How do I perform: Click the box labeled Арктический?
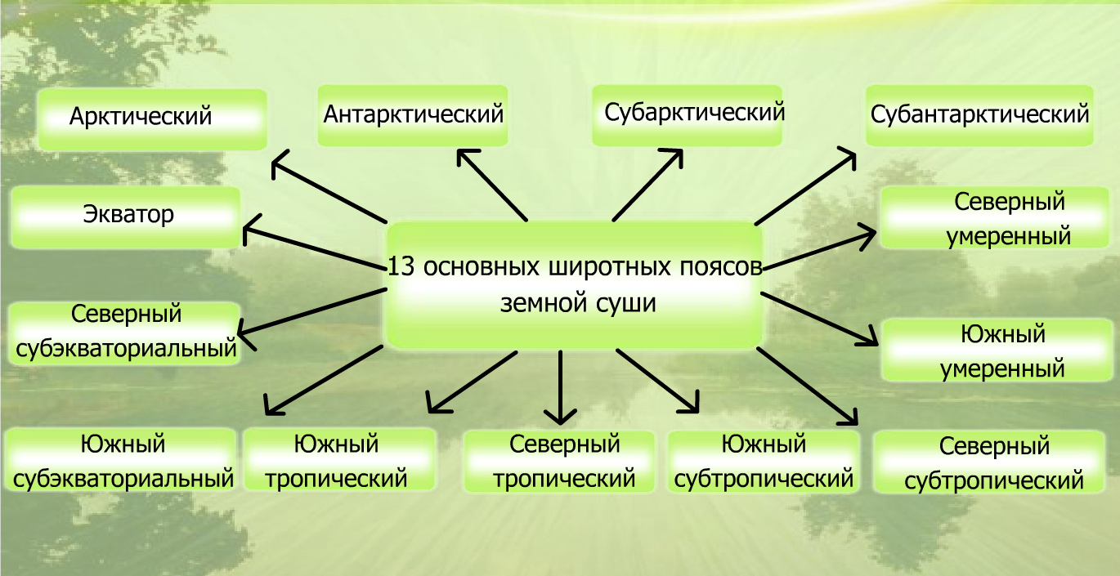(x=153, y=119)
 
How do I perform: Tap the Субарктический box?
(x=687, y=115)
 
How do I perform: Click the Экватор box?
(x=127, y=217)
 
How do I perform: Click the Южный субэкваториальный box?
(x=123, y=461)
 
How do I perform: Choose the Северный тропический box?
(x=559, y=462)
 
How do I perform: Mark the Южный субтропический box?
(x=764, y=461)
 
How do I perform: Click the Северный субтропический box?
(x=994, y=462)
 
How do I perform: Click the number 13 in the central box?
(x=400, y=267)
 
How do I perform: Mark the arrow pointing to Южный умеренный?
(x=820, y=316)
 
